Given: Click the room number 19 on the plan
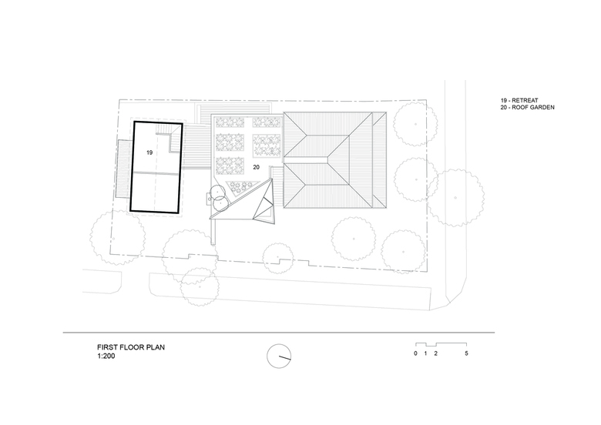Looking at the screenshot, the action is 149,152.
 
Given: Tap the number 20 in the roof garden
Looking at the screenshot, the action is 256,167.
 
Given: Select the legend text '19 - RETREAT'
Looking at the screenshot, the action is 519,100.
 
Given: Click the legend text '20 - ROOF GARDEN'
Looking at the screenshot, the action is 527,107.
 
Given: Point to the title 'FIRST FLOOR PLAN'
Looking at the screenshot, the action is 131,347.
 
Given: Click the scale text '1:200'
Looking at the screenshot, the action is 106,356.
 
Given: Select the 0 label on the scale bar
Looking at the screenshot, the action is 415,353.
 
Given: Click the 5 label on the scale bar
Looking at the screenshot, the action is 466,353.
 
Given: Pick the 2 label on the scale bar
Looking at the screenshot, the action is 436,353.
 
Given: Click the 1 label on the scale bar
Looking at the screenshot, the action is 425,353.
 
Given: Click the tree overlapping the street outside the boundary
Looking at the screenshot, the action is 455,198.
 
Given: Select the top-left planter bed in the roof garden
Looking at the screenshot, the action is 230,122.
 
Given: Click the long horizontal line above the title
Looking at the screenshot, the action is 279,333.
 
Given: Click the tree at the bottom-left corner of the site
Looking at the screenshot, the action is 118,238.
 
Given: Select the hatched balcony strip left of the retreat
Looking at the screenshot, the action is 123,169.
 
